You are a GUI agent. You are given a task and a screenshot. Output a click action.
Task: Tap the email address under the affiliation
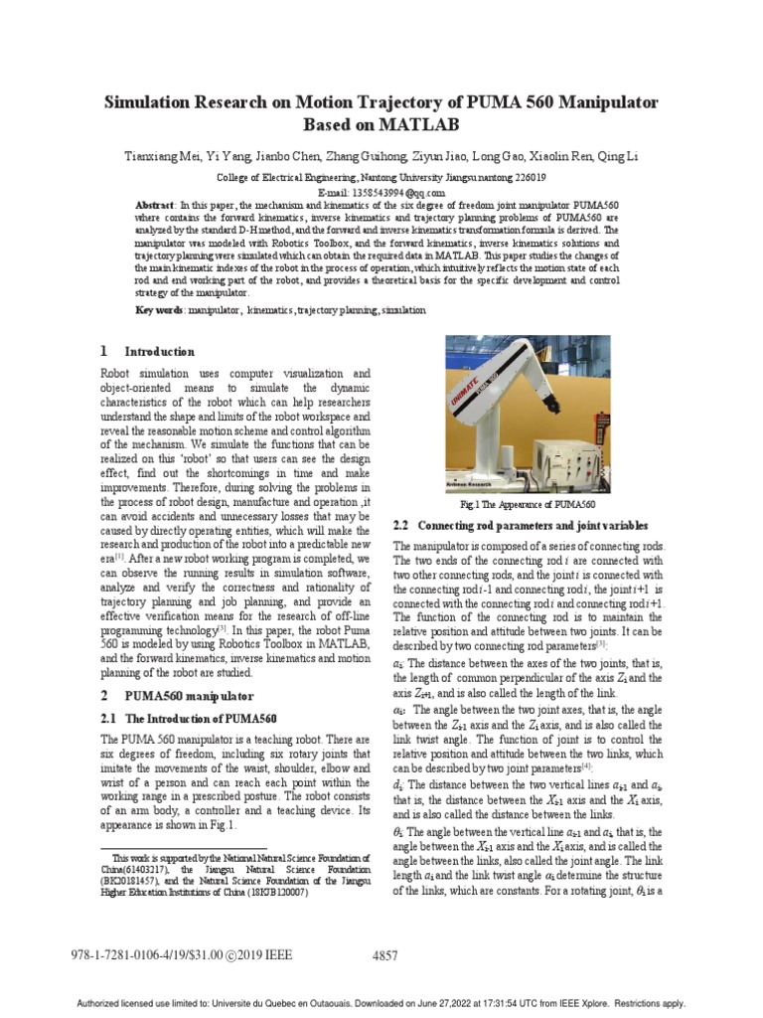(381, 192)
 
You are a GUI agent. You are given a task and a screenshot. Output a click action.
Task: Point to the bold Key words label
(159, 310)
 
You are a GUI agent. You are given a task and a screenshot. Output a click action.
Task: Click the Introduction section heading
(159, 352)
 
